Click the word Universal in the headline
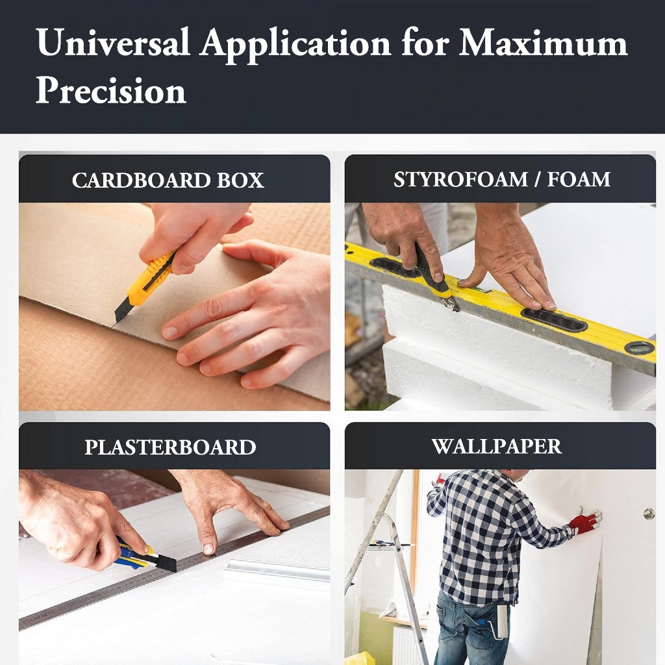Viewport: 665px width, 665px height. tap(113, 42)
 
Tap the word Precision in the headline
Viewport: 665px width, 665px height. tap(111, 90)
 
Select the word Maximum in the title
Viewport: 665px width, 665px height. tap(544, 42)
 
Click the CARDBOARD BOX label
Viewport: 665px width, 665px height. tap(168, 181)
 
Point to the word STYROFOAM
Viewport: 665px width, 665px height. tap(460, 179)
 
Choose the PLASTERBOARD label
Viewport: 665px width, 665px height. tap(171, 447)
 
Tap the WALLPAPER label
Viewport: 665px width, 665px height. tap(497, 446)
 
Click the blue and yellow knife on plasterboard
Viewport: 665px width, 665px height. tap(146, 557)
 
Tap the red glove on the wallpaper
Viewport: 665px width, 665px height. tap(586, 521)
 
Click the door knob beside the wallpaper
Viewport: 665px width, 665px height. tap(649, 514)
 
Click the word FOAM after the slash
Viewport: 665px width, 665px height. tap(579, 179)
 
